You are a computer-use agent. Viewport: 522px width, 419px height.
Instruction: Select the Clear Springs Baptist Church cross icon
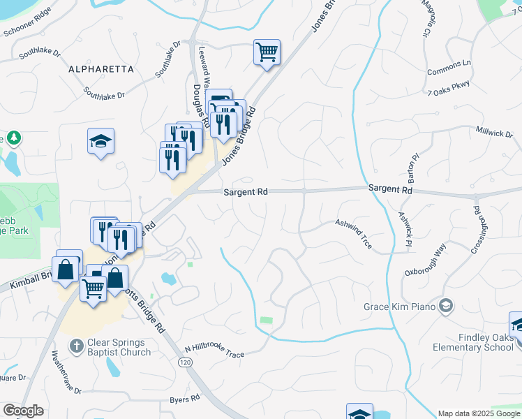point(77,345)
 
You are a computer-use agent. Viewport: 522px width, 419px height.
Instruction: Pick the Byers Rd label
point(185,400)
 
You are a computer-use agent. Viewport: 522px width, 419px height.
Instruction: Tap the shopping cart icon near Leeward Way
point(267,51)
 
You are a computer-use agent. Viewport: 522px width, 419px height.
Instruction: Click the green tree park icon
point(13,138)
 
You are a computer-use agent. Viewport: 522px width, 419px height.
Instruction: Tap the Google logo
point(23,411)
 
